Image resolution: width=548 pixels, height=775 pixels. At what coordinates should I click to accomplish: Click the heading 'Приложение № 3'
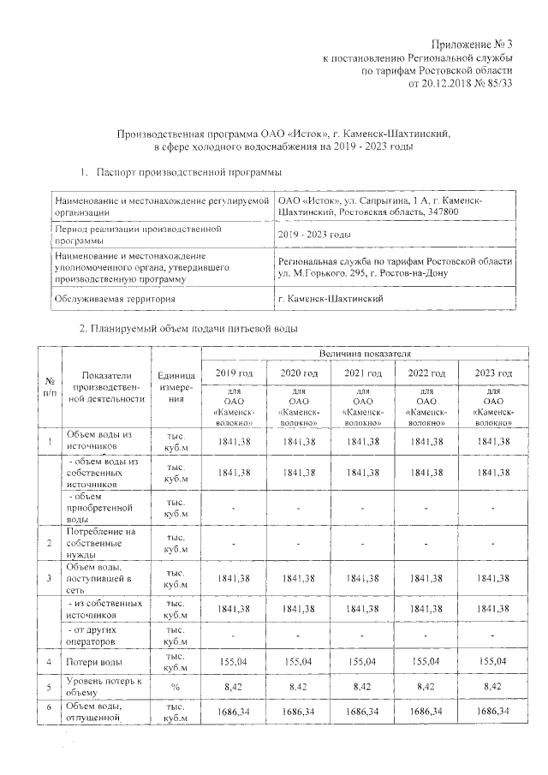point(473,44)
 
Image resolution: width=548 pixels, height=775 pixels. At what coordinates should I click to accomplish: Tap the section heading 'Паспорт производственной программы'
point(189,172)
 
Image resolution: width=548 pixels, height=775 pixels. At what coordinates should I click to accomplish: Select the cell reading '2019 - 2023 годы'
point(315,235)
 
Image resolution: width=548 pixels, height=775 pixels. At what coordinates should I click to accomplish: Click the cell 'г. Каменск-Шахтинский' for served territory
point(331,298)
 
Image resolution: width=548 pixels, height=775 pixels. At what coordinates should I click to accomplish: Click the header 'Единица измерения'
point(177,386)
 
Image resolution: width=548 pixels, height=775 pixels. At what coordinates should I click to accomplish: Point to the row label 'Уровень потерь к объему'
point(104,687)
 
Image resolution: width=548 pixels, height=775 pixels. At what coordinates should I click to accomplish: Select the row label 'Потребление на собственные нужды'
point(102,543)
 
